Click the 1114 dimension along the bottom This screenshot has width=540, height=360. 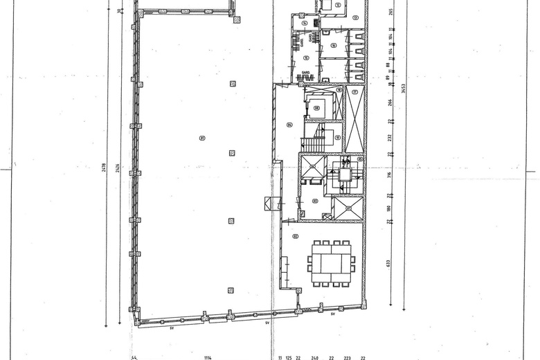point(207,357)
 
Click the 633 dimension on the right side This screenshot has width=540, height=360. point(389,263)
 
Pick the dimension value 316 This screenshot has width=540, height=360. point(389,174)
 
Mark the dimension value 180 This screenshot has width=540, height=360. point(389,208)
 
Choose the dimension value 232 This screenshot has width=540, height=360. point(389,137)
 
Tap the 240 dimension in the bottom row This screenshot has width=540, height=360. point(314,357)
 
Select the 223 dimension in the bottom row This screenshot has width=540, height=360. point(348,357)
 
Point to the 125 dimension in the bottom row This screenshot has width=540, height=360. point(289,357)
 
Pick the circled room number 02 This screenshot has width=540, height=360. point(295,236)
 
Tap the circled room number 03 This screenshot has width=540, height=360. point(314,201)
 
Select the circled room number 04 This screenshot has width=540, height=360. point(289,125)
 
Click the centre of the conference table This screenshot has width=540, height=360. point(331,263)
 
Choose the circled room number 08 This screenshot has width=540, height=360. point(317,108)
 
